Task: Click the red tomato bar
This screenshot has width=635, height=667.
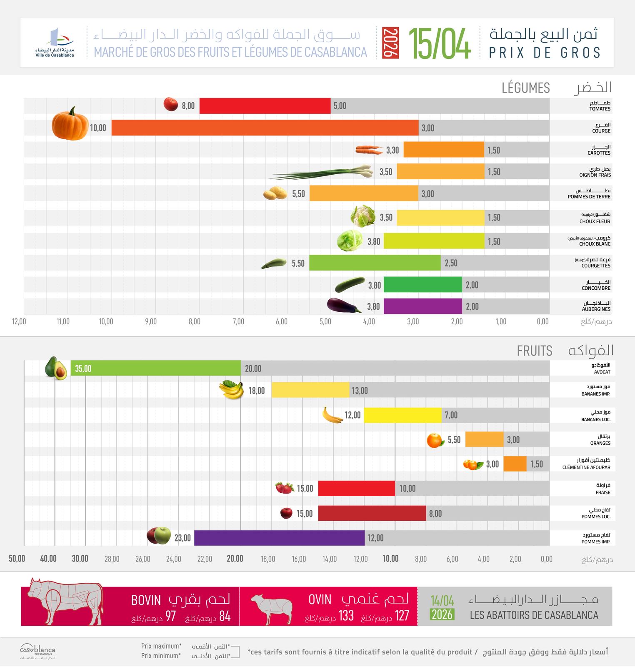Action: click(265, 106)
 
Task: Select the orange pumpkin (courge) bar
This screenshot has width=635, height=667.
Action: click(265, 128)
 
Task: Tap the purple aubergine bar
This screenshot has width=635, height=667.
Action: click(422, 306)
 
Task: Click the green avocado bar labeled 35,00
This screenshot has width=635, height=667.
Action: click(155, 368)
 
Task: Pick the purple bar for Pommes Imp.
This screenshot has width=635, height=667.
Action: click(279, 538)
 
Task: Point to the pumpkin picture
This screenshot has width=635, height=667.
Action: click(70, 124)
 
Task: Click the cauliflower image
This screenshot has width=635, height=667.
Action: click(362, 216)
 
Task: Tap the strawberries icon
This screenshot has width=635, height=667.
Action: click(285, 488)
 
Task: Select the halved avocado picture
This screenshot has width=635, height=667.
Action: click(56, 368)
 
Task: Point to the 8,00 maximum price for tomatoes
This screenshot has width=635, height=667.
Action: click(188, 106)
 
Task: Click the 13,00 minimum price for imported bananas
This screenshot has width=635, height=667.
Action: click(360, 391)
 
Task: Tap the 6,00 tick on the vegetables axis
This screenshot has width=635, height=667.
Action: click(282, 321)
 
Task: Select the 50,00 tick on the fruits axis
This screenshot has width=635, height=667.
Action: click(17, 559)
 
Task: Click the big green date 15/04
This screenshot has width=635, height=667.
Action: click(439, 43)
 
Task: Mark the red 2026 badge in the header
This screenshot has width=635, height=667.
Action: click(390, 43)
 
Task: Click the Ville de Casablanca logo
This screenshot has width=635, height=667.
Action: click(55, 43)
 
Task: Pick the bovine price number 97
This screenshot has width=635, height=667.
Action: click(170, 616)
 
